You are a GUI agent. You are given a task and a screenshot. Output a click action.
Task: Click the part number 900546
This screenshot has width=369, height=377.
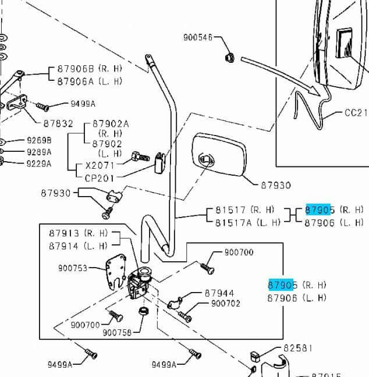(x=198, y=37)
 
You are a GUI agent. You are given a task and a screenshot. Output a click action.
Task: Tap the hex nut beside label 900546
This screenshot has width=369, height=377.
(x=229, y=57)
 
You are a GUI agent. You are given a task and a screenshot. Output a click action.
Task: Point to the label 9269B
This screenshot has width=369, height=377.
(x=39, y=141)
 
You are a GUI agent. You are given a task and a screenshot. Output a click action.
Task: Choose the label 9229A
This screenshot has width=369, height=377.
(x=39, y=163)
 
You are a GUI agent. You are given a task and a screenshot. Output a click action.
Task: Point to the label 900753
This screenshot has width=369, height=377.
(x=73, y=268)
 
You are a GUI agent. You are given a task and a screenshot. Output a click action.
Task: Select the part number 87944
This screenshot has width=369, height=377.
(x=219, y=294)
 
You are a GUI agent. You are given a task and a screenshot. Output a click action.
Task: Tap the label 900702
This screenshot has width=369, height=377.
(x=225, y=303)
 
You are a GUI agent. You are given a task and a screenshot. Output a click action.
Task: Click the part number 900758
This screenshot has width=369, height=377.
(x=117, y=332)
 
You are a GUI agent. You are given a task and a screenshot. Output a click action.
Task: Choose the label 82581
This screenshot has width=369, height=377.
(x=297, y=348)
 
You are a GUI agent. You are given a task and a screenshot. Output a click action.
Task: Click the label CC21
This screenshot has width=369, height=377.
(x=356, y=112)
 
